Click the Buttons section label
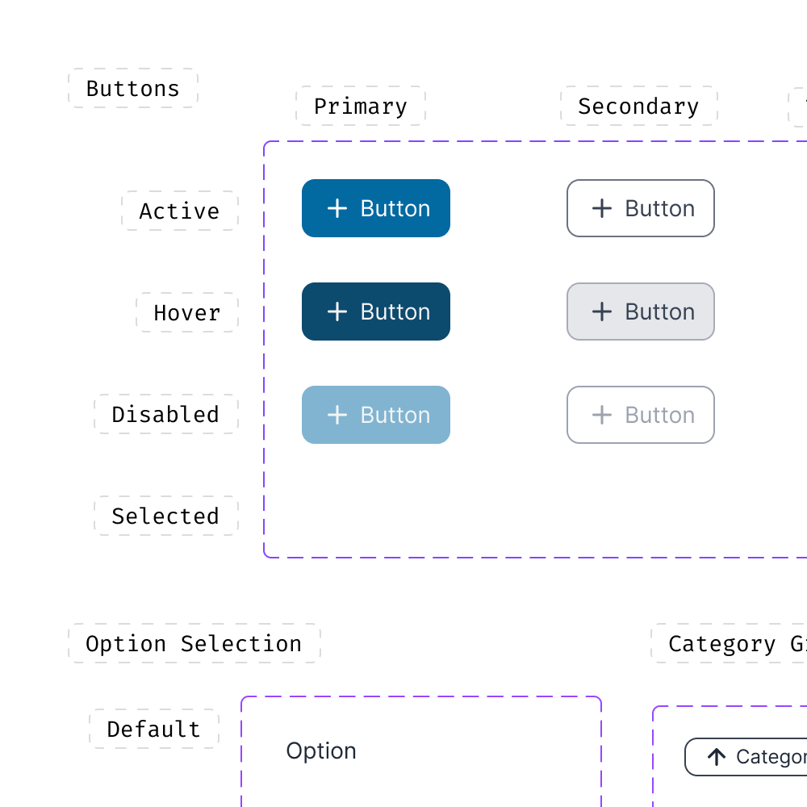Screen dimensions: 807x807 133,88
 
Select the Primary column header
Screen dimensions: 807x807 360,106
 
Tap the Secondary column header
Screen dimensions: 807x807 638,106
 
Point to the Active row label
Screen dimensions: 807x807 180,211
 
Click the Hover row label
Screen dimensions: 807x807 187,312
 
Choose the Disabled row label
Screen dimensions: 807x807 165,414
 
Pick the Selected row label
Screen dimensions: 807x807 165,516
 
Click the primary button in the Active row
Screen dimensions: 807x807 376,208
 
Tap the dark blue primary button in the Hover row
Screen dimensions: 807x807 376,312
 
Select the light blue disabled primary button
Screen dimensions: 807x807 376,415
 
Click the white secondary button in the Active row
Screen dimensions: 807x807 641,208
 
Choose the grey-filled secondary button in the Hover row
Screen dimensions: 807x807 641,312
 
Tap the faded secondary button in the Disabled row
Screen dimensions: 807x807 641,415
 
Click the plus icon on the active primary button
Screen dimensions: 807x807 337,208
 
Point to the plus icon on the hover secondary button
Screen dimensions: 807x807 602,312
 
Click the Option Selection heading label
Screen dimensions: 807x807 194,643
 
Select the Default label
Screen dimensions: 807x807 154,729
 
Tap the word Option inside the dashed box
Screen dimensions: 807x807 321,751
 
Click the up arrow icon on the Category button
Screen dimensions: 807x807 717,757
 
